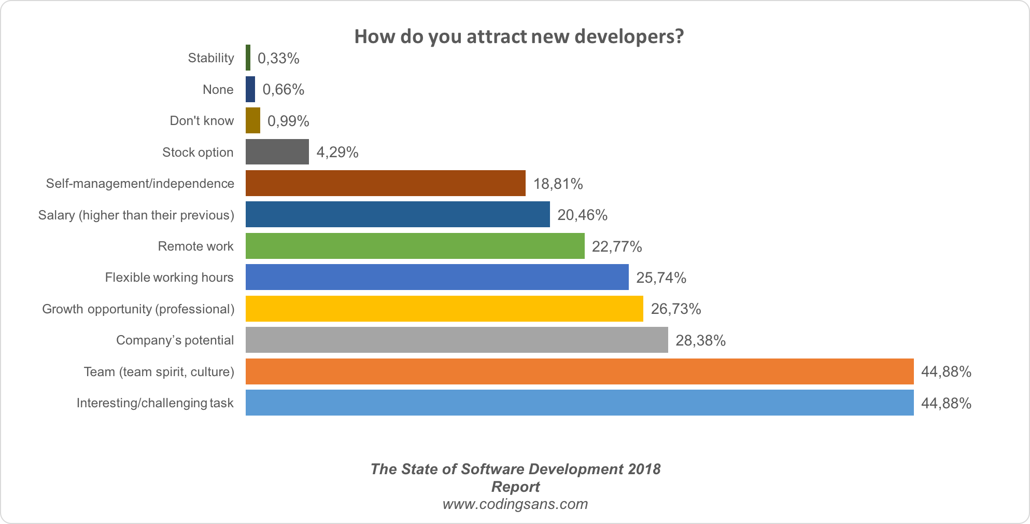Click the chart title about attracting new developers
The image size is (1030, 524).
click(x=519, y=36)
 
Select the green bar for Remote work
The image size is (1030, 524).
click(x=415, y=246)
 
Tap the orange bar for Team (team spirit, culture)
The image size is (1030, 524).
click(x=579, y=371)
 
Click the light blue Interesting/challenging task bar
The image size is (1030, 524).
click(x=579, y=403)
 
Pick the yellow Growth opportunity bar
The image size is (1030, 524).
click(x=444, y=309)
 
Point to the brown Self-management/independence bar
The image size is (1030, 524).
click(x=385, y=183)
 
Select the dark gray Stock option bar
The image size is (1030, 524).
click(x=277, y=152)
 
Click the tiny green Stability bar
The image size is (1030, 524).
click(x=248, y=58)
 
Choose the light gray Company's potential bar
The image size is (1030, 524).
click(x=457, y=340)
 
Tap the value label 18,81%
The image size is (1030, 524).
click(x=558, y=184)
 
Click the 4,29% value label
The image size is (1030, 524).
click(x=337, y=152)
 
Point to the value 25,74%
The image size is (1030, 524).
click(x=661, y=278)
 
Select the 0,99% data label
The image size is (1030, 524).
click(x=288, y=121)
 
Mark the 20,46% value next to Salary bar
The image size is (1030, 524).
click(x=582, y=215)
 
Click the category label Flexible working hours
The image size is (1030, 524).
click(x=169, y=278)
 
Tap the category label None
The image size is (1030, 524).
click(x=218, y=90)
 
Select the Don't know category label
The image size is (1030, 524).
click(x=202, y=121)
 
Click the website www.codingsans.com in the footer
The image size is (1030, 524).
click(x=515, y=504)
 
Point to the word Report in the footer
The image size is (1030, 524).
click(x=515, y=487)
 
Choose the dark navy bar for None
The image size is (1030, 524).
click(x=250, y=89)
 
